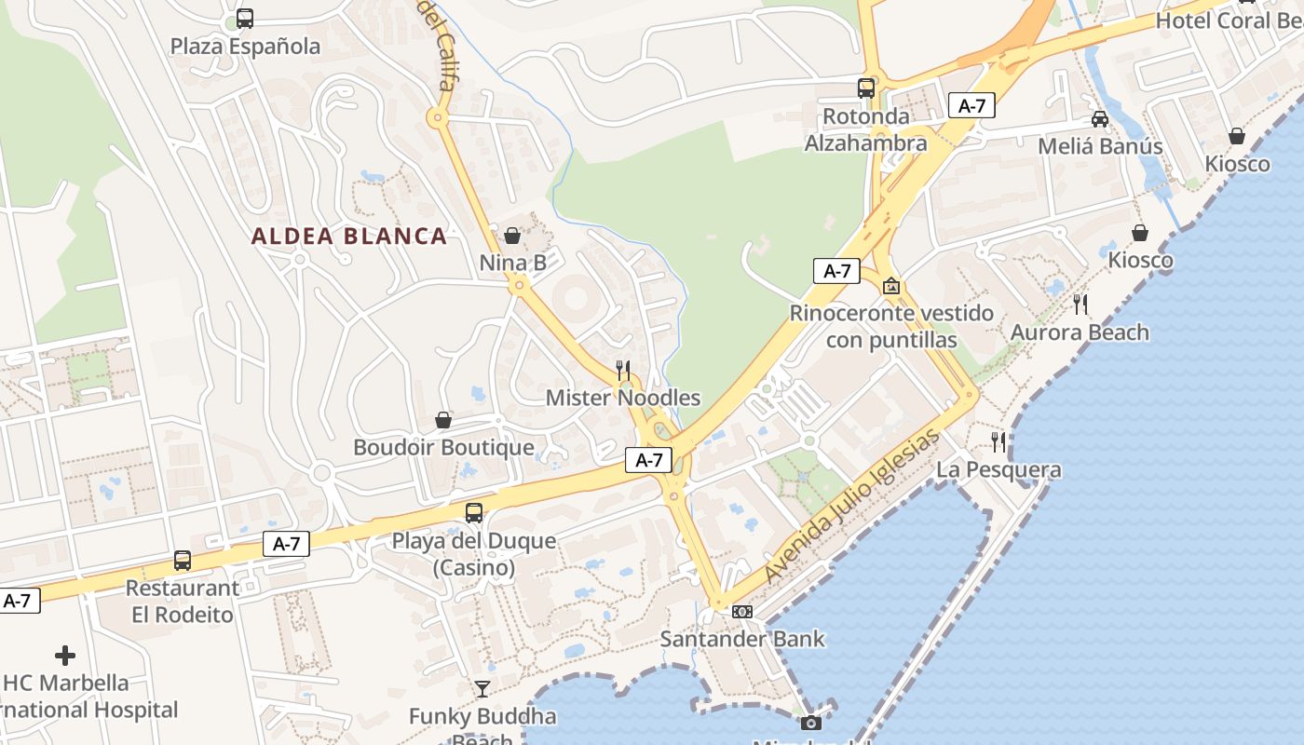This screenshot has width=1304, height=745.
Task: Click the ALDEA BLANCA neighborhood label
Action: click(349, 237)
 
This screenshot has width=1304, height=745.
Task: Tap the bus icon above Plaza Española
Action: click(245, 18)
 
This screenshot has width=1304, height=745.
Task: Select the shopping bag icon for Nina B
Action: click(512, 236)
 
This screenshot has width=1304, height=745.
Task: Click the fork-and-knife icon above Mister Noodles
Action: click(623, 371)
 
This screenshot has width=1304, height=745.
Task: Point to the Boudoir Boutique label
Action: click(443, 448)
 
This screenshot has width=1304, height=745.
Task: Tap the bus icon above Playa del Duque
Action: click(474, 512)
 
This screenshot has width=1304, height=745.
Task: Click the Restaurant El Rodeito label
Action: click(183, 602)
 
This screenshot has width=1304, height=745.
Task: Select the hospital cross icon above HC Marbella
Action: click(65, 656)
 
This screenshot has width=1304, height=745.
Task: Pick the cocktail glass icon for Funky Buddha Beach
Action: click(482, 689)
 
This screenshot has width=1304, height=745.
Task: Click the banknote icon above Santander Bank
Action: click(742, 612)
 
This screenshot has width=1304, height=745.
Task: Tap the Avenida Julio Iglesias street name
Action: click(850, 508)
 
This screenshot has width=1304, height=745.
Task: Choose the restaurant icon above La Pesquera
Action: click(998, 441)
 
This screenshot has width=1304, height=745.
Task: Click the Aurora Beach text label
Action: click(1080, 332)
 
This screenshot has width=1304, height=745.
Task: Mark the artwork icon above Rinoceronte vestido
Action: click(891, 286)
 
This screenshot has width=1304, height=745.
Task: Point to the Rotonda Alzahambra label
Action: click(865, 129)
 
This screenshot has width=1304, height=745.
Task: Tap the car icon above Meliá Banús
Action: click(1100, 119)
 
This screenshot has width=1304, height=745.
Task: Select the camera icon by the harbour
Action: click(811, 723)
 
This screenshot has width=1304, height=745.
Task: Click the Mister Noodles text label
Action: click(622, 399)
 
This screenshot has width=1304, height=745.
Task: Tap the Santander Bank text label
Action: click(742, 639)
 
